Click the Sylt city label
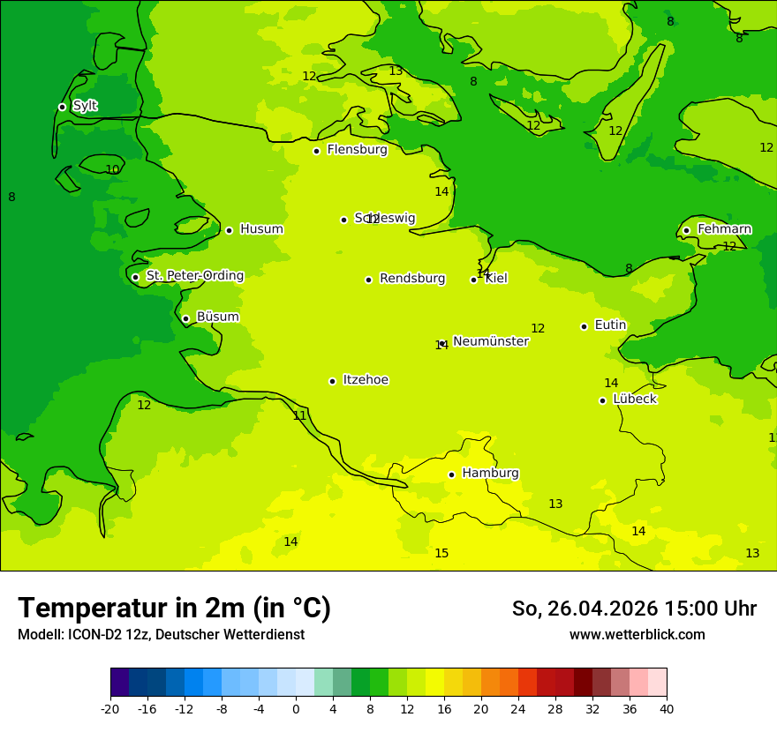(x=85, y=106)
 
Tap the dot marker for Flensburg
(x=316, y=151)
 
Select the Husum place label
(x=261, y=229)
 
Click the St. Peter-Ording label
(x=194, y=276)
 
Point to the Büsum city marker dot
(x=185, y=318)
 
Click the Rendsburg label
(x=412, y=279)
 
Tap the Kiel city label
(x=496, y=279)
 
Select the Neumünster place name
(x=491, y=341)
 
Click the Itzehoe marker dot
(x=332, y=381)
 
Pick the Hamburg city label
(x=490, y=474)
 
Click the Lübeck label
(x=635, y=400)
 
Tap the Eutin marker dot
(x=584, y=326)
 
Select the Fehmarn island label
(x=724, y=229)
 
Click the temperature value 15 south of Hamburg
(x=441, y=554)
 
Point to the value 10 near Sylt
(x=112, y=170)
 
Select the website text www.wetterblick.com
(x=637, y=635)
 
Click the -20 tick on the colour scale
(x=110, y=708)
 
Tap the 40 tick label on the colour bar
(x=667, y=708)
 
